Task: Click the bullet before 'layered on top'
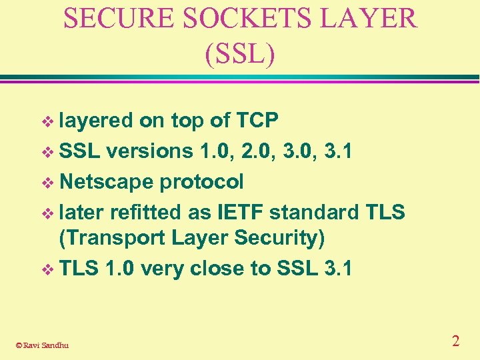[47, 121]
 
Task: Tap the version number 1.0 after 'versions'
[215, 151]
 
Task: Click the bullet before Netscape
[47, 182]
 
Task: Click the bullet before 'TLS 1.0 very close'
[47, 269]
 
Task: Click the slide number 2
[455, 341]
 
